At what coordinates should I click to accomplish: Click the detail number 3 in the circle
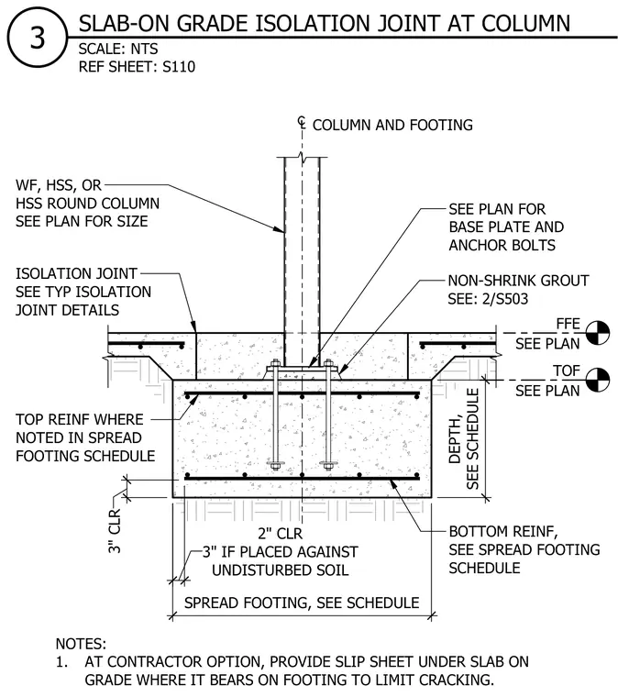click(x=38, y=38)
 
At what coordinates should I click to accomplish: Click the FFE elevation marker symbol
click(x=598, y=333)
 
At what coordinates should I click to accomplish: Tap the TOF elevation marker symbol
click(x=598, y=380)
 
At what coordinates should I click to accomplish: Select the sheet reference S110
click(x=179, y=67)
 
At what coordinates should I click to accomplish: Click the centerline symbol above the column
click(x=302, y=122)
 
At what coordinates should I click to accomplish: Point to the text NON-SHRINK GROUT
click(x=518, y=281)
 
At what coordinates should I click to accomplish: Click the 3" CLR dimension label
click(x=115, y=531)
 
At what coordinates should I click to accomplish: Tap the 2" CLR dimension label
click(x=280, y=534)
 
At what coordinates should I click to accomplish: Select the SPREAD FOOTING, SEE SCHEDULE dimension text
click(x=302, y=603)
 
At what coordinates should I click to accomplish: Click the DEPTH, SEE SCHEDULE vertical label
click(x=465, y=439)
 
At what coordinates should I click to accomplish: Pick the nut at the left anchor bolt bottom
click(x=275, y=465)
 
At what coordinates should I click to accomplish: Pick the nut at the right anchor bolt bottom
click(x=328, y=465)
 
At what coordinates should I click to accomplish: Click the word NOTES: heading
click(x=81, y=644)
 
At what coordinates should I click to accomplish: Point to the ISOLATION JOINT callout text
click(x=76, y=273)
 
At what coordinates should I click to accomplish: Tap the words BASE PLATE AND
click(x=506, y=227)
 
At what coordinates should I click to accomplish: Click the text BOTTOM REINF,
click(x=503, y=532)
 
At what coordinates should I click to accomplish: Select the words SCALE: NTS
click(x=118, y=49)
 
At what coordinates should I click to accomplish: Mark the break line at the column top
click(x=302, y=158)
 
